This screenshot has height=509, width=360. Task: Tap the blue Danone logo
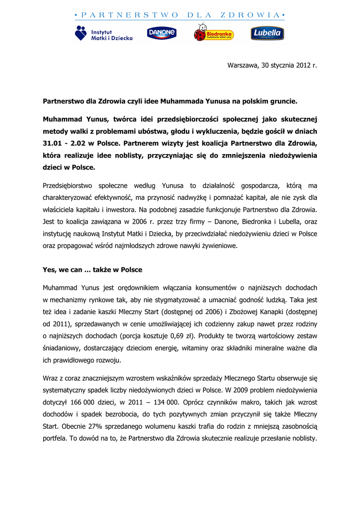162,33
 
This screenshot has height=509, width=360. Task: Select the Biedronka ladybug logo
213,33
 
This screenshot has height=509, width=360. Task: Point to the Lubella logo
267,33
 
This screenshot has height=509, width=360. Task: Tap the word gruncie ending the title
281,101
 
